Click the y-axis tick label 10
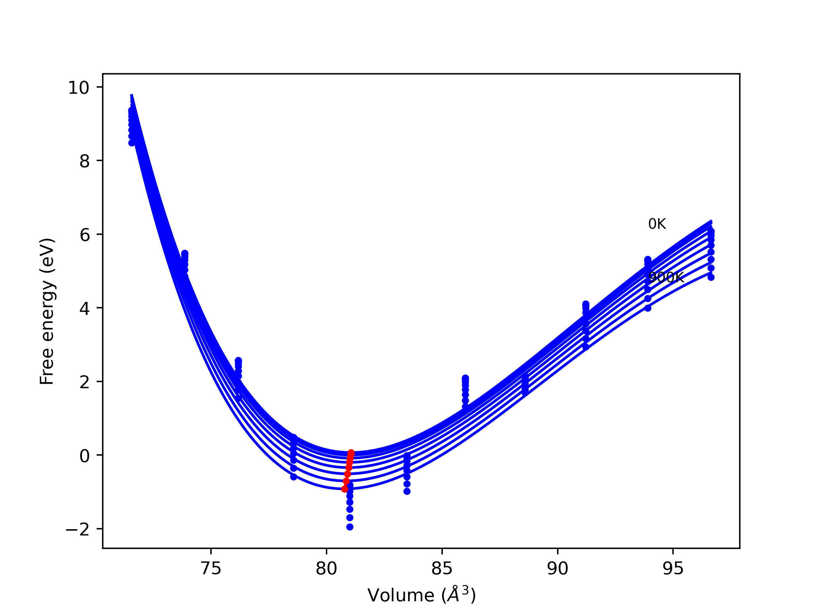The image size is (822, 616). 78,88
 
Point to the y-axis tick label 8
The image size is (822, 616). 84,161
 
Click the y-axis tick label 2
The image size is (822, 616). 84,382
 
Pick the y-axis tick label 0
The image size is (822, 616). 84,456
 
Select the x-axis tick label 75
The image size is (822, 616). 211,569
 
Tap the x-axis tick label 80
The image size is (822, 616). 326,569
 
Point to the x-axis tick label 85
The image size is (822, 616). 442,569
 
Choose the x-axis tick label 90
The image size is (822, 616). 557,569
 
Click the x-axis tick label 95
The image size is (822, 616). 673,569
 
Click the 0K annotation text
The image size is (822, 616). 657,224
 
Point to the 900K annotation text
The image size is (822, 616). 666,277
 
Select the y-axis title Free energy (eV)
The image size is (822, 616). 47,311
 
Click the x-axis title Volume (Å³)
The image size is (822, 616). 421,595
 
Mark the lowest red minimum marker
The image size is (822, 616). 345,489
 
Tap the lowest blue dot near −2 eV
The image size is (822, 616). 350,527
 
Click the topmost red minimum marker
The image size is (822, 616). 351,453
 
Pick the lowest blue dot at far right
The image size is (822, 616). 711,278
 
